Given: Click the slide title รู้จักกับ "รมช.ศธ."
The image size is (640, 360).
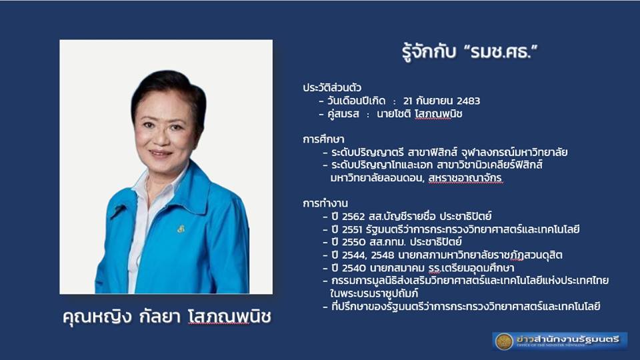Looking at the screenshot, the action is pyautogui.click(x=470, y=53).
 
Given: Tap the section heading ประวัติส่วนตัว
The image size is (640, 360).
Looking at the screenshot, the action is pyautogui.click(x=332, y=88).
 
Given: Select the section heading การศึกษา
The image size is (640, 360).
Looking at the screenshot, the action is pyautogui.click(x=323, y=139).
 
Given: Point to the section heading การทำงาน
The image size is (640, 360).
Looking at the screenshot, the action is pyautogui.click(x=325, y=203).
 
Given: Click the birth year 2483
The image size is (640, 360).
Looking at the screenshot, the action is pyautogui.click(x=468, y=101).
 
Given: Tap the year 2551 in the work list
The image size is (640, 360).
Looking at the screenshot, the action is pyautogui.click(x=352, y=229).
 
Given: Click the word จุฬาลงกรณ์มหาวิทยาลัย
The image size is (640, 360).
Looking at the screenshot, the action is pyautogui.click(x=514, y=152).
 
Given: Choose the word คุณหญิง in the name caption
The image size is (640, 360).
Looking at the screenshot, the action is pyautogui.click(x=97, y=317).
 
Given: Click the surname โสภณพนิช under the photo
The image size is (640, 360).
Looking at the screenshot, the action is pyautogui.click(x=230, y=316).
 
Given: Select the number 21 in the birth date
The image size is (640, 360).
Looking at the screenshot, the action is pyautogui.click(x=407, y=101).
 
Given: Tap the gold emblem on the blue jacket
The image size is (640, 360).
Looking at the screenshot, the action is pyautogui.click(x=181, y=229).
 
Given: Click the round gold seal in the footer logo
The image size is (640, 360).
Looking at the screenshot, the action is pyautogui.click(x=504, y=341).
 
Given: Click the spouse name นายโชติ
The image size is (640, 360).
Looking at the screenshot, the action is pyautogui.click(x=393, y=114).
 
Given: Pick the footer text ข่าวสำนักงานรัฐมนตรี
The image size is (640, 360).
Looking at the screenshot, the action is pyautogui.click(x=568, y=339).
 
